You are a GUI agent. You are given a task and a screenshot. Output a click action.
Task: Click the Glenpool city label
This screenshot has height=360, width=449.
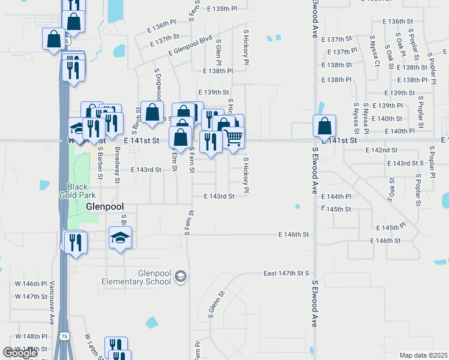pyautogui.click(x=104, y=206)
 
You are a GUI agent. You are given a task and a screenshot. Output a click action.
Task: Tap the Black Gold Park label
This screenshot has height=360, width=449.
pyautogui.click(x=77, y=190)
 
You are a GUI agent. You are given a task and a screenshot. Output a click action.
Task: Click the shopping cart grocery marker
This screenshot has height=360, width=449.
pyautogui.click(x=234, y=137)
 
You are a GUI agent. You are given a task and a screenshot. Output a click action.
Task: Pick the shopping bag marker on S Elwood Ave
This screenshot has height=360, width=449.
pyautogui.click(x=324, y=126)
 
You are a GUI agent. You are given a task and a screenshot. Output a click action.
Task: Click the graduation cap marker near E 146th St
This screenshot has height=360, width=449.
pyautogui.click(x=120, y=238)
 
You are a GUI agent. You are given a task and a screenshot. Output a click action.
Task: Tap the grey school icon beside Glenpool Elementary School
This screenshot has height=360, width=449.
pyautogui.click(x=181, y=277)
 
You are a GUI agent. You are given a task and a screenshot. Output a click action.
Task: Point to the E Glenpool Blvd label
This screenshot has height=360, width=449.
pyautogui.click(x=191, y=46)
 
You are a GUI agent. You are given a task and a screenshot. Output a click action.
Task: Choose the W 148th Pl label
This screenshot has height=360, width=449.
pyautogui.click(x=31, y=336)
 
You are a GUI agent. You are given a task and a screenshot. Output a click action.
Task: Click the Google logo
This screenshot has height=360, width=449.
pyautogui.click(x=20, y=353)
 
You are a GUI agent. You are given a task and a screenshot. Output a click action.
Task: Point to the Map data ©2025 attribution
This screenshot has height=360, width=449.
pyautogui.click(x=424, y=355)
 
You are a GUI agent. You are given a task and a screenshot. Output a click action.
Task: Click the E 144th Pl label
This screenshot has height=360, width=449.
pyautogui.click(x=340, y=197)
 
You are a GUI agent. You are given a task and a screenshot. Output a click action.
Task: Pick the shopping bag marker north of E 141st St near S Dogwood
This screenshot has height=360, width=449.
pyautogui.click(x=152, y=112)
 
